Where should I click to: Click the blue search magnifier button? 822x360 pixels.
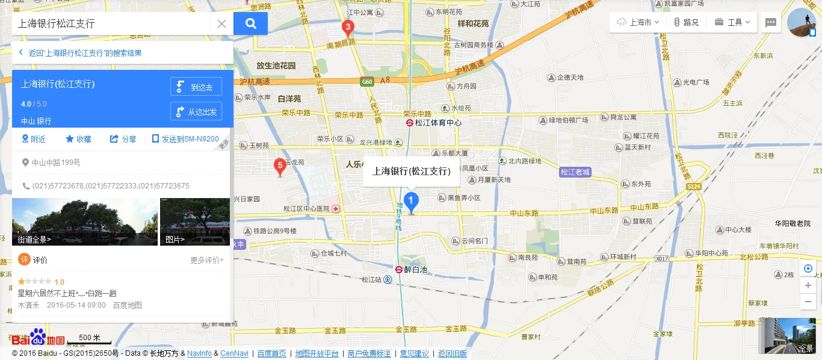[250, 23]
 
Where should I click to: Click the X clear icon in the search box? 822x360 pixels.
[221, 24]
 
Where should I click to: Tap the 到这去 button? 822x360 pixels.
[196, 87]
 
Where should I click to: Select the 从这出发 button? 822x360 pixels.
[196, 111]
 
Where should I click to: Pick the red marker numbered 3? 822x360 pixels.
[348, 28]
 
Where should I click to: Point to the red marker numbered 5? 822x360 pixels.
[279, 166]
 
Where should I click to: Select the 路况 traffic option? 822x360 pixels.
[686, 22]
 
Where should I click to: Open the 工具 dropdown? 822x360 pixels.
[733, 22]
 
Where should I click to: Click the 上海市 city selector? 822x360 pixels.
[638, 22]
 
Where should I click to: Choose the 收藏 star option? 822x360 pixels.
[78, 139]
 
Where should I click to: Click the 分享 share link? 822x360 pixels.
[123, 139]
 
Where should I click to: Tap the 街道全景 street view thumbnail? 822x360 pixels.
[85, 222]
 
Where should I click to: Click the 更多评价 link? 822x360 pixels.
[206, 260]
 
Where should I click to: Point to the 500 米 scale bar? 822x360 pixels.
[89, 340]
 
